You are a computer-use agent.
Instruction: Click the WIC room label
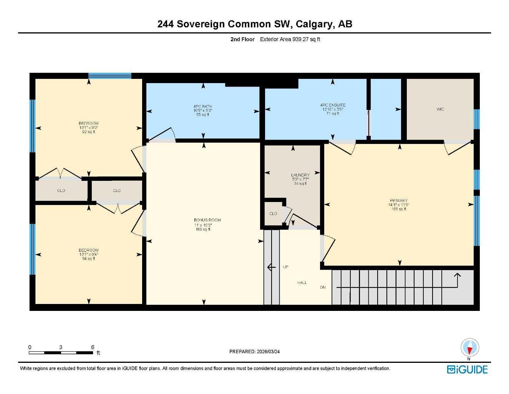tap(440, 109)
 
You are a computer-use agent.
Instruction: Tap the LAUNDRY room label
tap(300, 175)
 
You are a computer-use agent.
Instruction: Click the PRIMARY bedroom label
tap(398, 200)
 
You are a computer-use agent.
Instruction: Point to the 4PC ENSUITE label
tap(333, 105)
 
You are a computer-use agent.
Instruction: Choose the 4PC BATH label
tap(203, 107)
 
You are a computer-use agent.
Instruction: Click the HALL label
tap(302, 283)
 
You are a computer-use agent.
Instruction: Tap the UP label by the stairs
tap(285, 267)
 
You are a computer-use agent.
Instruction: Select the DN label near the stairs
tap(323, 287)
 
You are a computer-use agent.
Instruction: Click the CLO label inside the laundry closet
tap(273, 214)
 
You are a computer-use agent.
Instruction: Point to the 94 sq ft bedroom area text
tap(88, 259)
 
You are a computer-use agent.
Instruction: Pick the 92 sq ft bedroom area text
tap(88, 132)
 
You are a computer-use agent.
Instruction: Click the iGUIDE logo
tap(467, 369)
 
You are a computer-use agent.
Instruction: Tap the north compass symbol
tap(469, 348)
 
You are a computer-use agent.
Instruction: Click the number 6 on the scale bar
tap(93, 347)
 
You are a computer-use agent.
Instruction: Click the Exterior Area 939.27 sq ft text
tap(290, 39)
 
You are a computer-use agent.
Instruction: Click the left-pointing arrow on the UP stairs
tap(271, 267)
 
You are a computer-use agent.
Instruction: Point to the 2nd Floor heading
tap(242, 39)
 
